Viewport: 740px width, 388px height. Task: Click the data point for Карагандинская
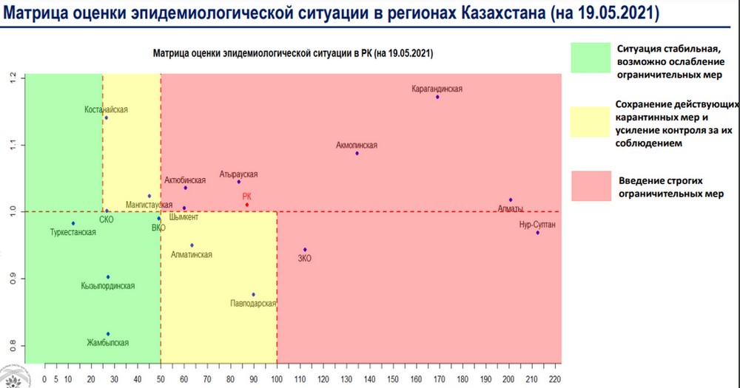(437, 97)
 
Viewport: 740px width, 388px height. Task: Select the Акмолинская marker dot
(357, 153)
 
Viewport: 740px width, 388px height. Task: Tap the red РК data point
(247, 205)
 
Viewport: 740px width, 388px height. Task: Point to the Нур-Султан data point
(538, 233)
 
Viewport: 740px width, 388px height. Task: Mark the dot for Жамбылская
(108, 334)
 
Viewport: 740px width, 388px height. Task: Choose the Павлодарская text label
(253, 303)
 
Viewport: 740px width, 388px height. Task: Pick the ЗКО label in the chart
(304, 259)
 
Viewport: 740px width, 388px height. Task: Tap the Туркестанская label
(73, 233)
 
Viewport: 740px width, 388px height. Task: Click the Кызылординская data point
(108, 277)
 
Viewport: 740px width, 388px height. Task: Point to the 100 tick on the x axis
(277, 379)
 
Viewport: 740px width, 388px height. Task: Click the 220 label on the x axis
(554, 379)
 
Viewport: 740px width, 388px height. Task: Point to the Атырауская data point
(238, 182)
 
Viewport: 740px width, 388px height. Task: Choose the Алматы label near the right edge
(511, 209)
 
